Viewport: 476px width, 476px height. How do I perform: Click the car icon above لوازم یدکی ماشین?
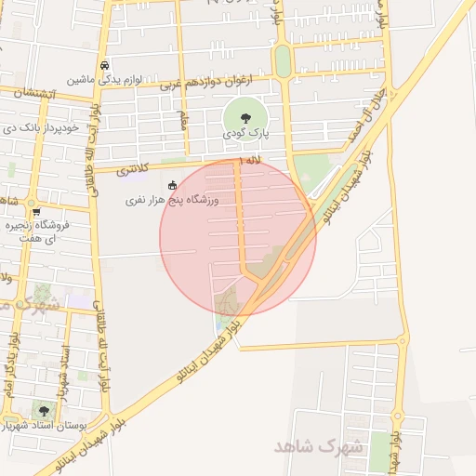pyautogui.click(x=107, y=66)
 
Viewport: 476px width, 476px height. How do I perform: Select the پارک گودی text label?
pyautogui.click(x=245, y=134)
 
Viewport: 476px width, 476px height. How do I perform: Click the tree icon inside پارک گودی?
pyautogui.click(x=245, y=118)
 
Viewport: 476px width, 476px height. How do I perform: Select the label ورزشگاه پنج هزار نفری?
pyautogui.click(x=184, y=200)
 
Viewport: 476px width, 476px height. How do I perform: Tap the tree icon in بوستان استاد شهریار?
pyautogui.click(x=43, y=410)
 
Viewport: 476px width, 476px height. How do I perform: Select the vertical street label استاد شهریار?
pyautogui.click(x=63, y=367)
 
